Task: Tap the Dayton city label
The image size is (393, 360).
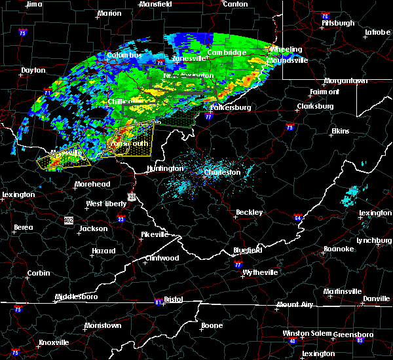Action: click(x=33, y=70)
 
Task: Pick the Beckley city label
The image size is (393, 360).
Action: click(x=250, y=213)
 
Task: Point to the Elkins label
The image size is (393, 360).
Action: click(x=340, y=132)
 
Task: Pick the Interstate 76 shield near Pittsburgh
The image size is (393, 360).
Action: click(x=324, y=16)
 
